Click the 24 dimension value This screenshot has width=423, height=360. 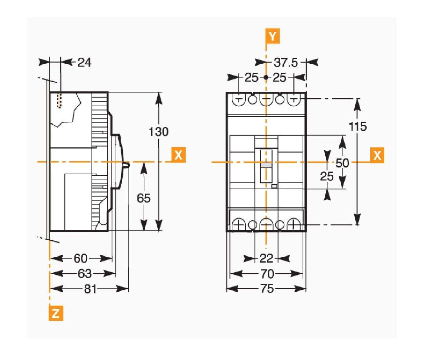tap(84, 62)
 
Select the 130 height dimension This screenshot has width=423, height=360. tap(159, 131)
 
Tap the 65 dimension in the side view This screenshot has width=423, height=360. tap(144, 198)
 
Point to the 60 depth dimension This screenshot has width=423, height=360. tap(81, 258)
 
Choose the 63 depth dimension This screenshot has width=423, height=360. tap(84, 273)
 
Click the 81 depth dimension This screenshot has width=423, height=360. tap(90, 289)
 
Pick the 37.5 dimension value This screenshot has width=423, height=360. tap(286, 62)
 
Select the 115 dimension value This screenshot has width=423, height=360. tap(357, 126)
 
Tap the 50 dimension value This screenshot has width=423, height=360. tap(342, 163)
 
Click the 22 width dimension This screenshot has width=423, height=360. tap(266, 258)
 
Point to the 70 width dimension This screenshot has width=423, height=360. tap(266, 273)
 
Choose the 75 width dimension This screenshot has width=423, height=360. tap(266, 289)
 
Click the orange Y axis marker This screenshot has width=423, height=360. tap(272, 36)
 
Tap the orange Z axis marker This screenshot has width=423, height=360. tap(56, 313)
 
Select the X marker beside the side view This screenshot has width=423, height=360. tap(178, 155)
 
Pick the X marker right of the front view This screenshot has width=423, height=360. tap(377, 155)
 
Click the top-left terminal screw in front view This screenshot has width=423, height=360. tap(239, 99)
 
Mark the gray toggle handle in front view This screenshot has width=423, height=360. tap(266, 166)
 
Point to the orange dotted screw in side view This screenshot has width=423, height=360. tap(60, 101)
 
